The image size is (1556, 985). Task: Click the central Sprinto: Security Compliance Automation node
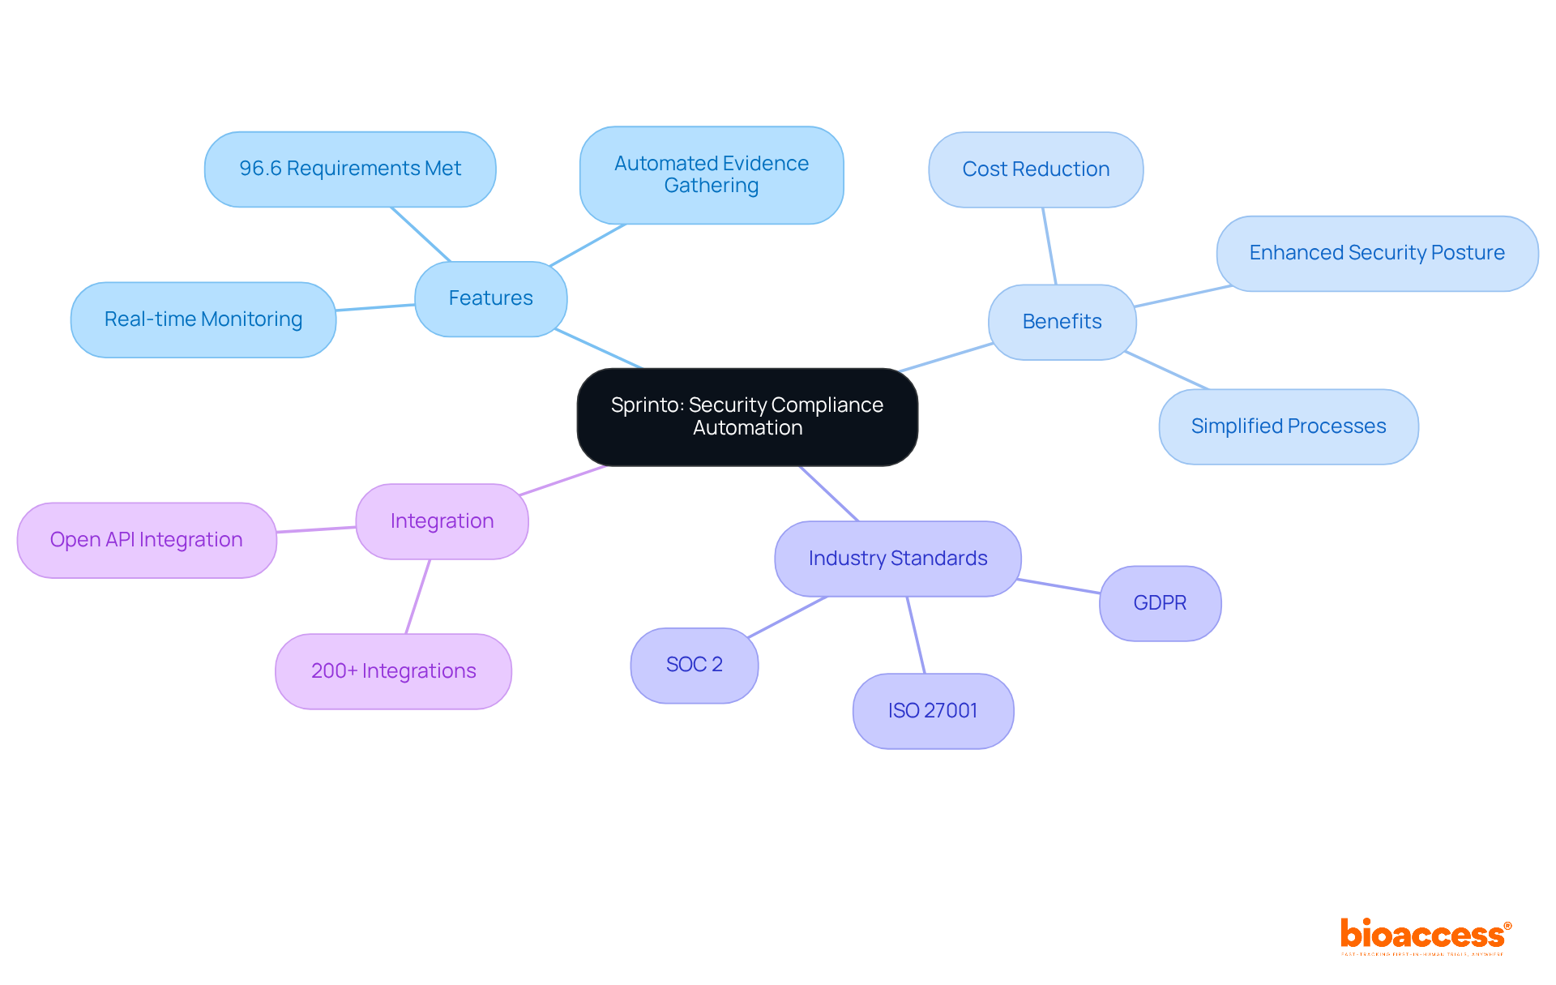pyautogui.click(x=746, y=417)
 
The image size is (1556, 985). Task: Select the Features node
pyautogui.click(x=490, y=298)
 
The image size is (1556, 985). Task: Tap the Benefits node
pyautogui.click(x=1062, y=322)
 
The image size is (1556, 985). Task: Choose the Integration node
pyautogui.click(x=442, y=521)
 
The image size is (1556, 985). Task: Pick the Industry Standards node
pyautogui.click(x=897, y=559)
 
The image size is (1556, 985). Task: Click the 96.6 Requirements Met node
pyautogui.click(x=349, y=169)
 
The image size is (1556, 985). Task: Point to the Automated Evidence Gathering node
pyautogui.click(x=711, y=174)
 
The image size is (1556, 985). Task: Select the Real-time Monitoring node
pyautogui.click(x=203, y=319)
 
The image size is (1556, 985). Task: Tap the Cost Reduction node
pyautogui.click(x=1035, y=169)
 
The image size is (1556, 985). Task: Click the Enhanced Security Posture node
pyautogui.click(x=1376, y=253)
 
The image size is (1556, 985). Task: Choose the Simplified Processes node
pyautogui.click(x=1288, y=426)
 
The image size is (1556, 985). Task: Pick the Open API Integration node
pyautogui.click(x=146, y=540)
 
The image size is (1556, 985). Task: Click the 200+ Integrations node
pyautogui.click(x=393, y=671)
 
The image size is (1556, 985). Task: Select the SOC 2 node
pyautogui.click(x=694, y=665)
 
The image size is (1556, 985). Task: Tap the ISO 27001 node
pyautogui.click(x=932, y=711)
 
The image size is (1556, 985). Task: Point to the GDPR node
pyautogui.click(x=1160, y=603)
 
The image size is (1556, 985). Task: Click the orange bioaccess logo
pyautogui.click(x=1424, y=936)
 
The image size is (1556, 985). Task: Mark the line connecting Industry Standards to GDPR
pyautogui.click(x=1059, y=586)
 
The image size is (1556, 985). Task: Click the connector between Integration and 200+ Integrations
pyautogui.click(x=418, y=597)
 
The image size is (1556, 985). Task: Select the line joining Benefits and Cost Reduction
pyautogui.click(x=1049, y=246)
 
